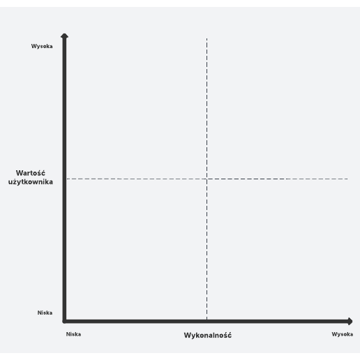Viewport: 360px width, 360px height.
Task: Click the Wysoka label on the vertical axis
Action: point(42,46)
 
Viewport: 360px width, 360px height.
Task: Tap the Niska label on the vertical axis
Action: point(45,313)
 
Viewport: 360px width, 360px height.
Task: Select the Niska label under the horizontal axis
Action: point(73,334)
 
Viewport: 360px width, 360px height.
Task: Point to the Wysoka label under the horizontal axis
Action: point(343,334)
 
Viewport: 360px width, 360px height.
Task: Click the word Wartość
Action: point(31,173)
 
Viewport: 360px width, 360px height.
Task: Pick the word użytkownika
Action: point(31,181)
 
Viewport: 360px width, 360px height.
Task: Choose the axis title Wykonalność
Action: point(208,335)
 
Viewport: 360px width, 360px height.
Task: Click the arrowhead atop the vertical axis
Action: point(64,36)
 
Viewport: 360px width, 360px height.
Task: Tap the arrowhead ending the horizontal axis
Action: point(350,322)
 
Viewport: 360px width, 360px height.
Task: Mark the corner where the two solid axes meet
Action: point(64,322)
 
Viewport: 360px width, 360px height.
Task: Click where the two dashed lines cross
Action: point(207,179)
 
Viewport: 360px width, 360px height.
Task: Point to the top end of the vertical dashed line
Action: point(207,38)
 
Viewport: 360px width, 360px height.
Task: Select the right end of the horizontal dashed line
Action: point(347,179)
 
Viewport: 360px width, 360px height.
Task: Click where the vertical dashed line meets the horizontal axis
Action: point(207,320)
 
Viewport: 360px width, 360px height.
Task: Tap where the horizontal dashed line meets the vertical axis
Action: point(66,179)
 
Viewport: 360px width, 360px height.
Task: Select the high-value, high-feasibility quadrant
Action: point(277,109)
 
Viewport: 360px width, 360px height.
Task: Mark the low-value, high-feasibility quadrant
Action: point(277,249)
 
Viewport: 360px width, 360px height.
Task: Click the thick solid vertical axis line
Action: point(64,180)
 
